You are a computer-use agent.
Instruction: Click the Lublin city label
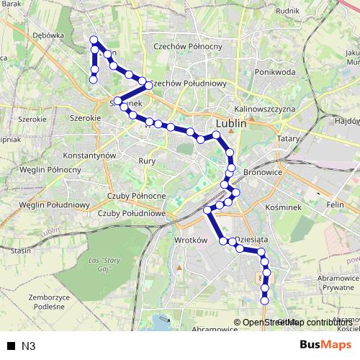tap(231, 123)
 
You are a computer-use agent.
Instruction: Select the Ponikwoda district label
tap(274, 72)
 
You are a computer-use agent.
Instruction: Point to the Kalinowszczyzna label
tap(266, 109)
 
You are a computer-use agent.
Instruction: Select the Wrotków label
tap(191, 240)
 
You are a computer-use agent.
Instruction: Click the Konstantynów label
tap(90, 156)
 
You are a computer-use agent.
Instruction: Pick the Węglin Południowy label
tap(54, 205)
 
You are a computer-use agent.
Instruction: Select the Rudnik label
tap(287, 11)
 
